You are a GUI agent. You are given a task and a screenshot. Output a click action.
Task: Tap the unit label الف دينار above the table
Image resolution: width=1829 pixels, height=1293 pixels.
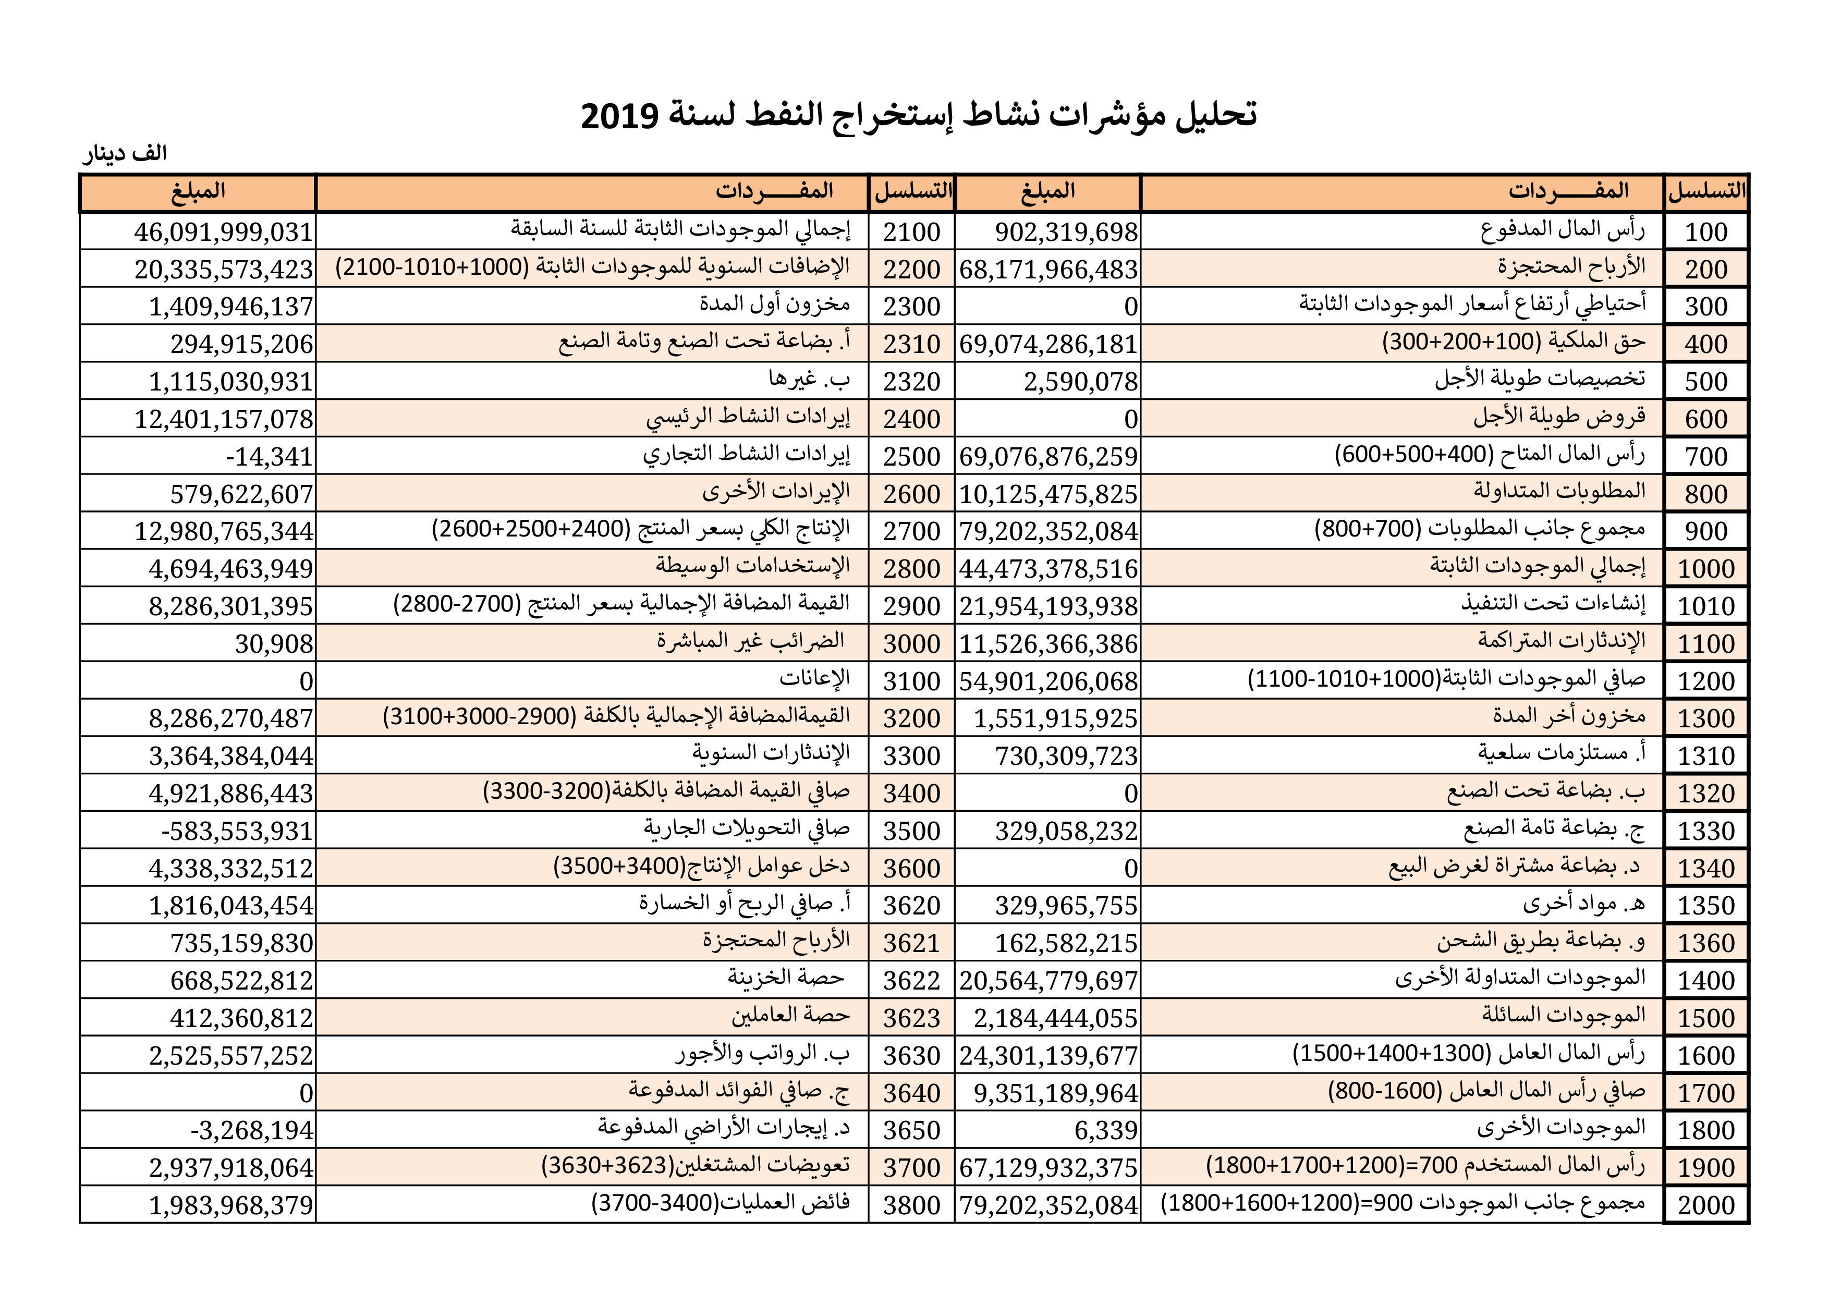125,153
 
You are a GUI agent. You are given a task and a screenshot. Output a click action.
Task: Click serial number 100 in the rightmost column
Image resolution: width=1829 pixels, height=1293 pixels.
1705,232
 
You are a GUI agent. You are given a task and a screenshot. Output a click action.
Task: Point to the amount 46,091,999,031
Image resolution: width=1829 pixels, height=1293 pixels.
223,232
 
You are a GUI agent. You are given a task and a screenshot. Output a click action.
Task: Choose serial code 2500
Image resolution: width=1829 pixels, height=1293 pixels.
911,457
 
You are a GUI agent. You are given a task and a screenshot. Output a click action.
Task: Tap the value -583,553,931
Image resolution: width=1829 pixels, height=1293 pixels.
237,831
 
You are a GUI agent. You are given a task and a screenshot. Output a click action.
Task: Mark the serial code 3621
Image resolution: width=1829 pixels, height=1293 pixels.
911,943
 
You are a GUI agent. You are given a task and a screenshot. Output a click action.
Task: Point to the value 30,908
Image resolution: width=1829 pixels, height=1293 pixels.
274,644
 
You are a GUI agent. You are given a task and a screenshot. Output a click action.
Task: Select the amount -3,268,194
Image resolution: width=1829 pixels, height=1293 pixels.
252,1130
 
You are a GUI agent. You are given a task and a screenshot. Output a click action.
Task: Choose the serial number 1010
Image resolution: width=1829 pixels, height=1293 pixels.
1705,606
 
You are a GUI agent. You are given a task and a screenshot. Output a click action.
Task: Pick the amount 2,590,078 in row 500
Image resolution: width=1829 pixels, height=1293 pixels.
1080,382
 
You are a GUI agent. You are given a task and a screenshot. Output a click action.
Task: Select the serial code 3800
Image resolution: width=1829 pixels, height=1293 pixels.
911,1205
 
